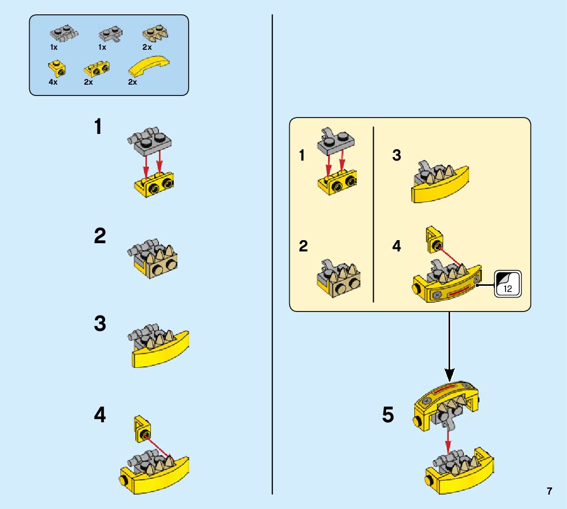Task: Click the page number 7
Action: tap(549, 491)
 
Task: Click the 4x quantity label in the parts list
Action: tap(53, 82)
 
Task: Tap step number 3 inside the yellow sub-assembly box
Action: tap(396, 155)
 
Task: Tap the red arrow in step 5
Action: tap(448, 440)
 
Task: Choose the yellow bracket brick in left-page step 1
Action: tap(155, 187)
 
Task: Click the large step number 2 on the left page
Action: tap(100, 237)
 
